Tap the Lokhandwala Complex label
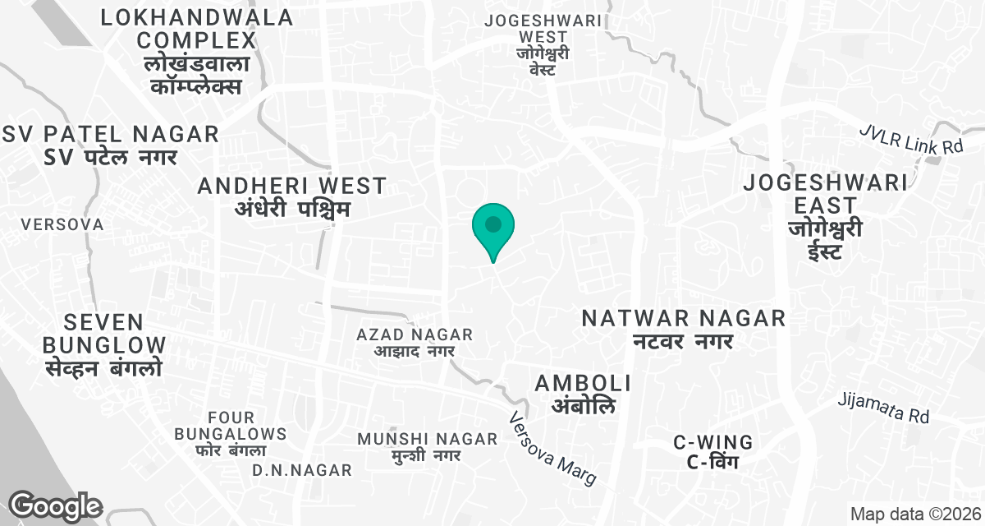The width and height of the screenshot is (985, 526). (196, 51)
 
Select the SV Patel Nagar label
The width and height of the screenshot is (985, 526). (112, 145)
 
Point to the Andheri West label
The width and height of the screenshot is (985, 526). (291, 197)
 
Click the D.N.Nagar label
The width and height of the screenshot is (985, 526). (301, 470)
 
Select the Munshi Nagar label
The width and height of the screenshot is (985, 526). (427, 446)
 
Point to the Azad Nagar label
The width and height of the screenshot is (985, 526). (415, 343)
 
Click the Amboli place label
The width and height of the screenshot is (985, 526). (583, 394)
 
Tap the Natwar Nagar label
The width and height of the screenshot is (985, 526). (684, 328)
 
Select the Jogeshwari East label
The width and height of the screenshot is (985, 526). (825, 216)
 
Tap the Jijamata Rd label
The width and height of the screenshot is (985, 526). (883, 408)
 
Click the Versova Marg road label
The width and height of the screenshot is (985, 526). (552, 448)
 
